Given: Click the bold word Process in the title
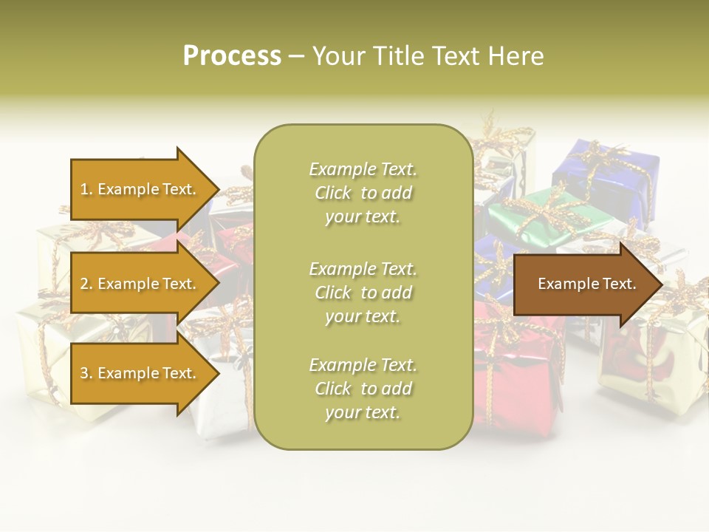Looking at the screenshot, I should (232, 56).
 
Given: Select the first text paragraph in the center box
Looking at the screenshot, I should (363, 193).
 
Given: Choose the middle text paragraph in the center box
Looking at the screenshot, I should (363, 293).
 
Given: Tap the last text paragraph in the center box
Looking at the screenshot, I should (363, 389).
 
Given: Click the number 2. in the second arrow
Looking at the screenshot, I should (86, 284).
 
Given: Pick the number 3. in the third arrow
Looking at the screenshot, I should (86, 373).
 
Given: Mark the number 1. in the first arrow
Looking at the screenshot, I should (86, 189).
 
